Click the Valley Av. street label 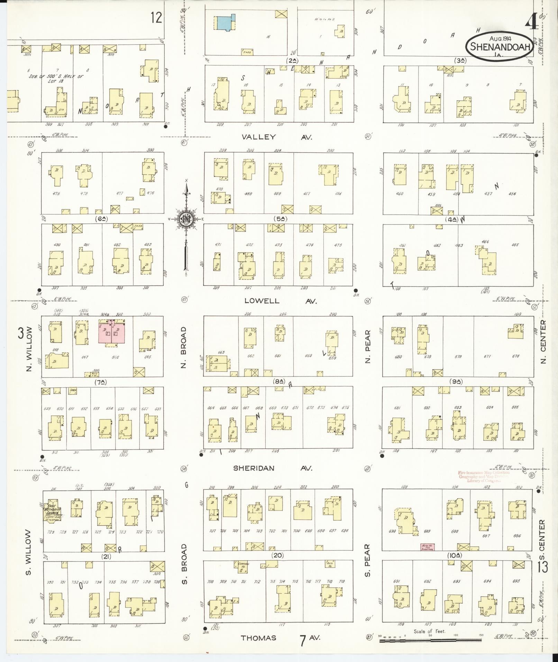click(276, 137)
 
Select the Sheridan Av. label click(273, 468)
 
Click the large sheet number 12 click(156, 17)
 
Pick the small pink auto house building click(427, 547)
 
